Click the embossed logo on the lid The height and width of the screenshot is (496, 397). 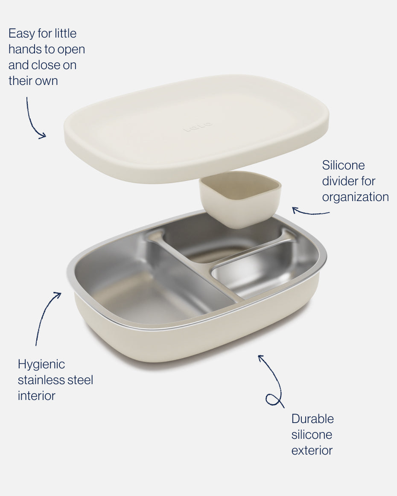(198, 126)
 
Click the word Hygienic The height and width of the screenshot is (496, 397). (41, 365)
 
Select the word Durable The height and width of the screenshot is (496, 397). (312, 419)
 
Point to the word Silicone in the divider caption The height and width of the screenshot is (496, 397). (343, 165)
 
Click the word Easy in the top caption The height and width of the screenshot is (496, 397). (21, 34)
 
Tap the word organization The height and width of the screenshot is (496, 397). (355, 197)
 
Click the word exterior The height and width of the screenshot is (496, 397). (312, 450)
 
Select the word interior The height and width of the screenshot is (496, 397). (36, 396)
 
